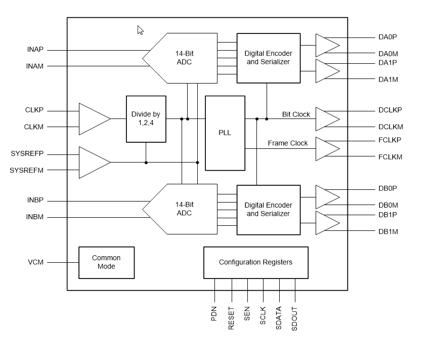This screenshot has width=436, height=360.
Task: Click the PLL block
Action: point(225,133)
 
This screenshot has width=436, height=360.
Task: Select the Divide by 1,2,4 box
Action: point(146,119)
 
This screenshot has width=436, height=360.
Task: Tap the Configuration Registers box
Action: point(255,262)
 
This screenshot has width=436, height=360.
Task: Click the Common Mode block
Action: point(106,262)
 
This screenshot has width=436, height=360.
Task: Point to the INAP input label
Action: point(35,50)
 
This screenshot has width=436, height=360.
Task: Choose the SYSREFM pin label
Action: point(26,170)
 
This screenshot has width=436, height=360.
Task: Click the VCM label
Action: point(35,262)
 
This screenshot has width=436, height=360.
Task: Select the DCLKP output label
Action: point(390,110)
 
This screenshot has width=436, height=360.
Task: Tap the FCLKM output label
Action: point(390,157)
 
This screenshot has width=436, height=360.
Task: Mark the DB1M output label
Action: point(388,231)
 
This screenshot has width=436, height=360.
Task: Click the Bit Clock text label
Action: point(296,114)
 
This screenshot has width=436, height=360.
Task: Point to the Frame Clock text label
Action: point(288,143)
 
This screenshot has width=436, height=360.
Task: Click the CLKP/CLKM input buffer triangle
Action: point(92,119)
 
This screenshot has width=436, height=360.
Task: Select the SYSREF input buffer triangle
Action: point(92,162)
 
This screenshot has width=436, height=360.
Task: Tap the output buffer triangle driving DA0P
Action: point(326,45)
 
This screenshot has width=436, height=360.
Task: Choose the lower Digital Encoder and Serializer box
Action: point(268,210)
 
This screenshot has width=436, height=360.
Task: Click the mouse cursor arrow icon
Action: point(140,30)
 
